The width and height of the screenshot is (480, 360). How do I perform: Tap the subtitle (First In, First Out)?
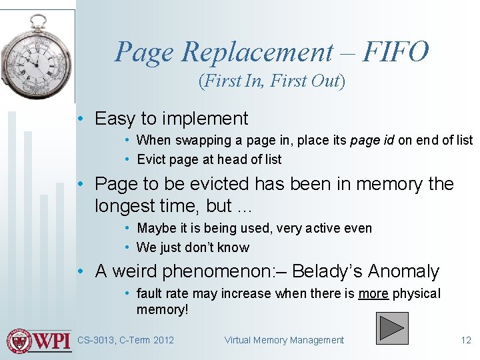pos(271,81)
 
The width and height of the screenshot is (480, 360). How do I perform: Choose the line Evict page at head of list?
pos(209,159)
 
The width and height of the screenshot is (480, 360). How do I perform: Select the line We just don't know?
pos(193,247)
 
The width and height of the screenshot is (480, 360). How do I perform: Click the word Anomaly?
pos(403,271)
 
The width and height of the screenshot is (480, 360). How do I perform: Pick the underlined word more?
pos(373,293)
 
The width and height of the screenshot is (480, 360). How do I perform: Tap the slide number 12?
pos(466,340)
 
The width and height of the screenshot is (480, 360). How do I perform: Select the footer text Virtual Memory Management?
pos(284,340)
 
